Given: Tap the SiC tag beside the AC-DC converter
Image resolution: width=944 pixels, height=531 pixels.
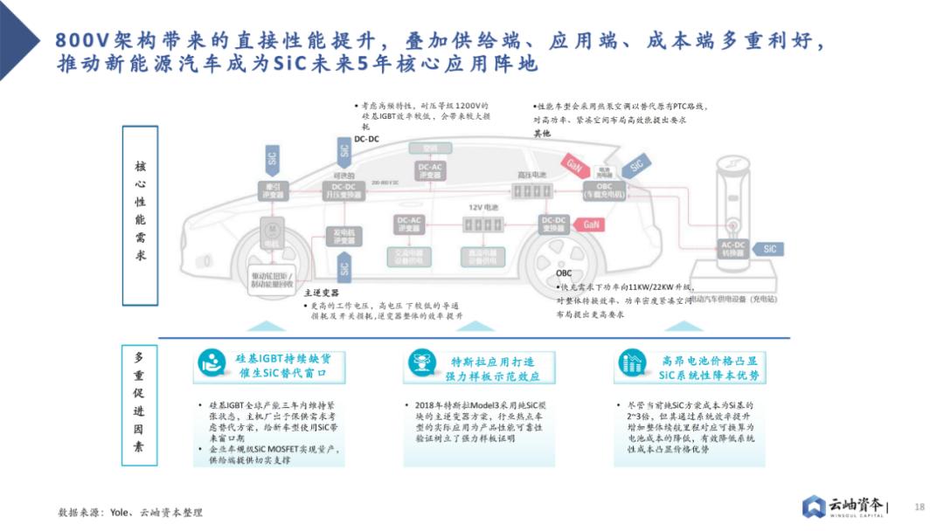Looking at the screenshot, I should pyautogui.click(x=767, y=249).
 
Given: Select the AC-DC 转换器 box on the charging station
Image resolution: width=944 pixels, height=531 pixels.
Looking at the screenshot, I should pyautogui.click(x=732, y=249).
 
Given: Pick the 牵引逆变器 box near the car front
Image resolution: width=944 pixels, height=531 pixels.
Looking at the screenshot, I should pyautogui.click(x=269, y=190).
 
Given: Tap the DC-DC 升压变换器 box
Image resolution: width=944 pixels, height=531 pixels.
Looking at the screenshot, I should pyautogui.click(x=344, y=190).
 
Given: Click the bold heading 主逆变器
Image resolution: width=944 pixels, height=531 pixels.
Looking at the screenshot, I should pyautogui.click(x=321, y=293).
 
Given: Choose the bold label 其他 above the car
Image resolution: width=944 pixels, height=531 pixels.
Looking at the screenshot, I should pyautogui.click(x=542, y=134).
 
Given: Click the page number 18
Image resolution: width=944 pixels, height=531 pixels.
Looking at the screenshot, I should pyautogui.click(x=919, y=507).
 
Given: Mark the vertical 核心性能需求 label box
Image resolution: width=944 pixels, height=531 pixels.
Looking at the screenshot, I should pyautogui.click(x=140, y=215).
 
